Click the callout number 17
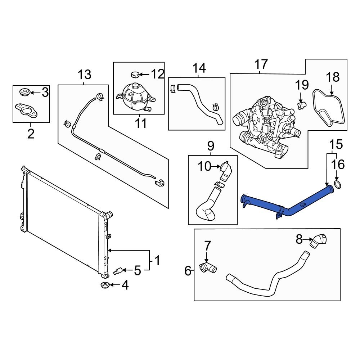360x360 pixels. click(x=261, y=65)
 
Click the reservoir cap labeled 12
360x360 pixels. click(x=135, y=75)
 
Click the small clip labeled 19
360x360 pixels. click(x=301, y=104)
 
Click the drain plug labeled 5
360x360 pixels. click(x=118, y=271)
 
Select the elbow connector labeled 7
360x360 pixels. click(x=207, y=267)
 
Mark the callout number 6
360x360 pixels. click(x=188, y=271)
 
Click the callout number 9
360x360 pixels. click(x=211, y=146)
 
